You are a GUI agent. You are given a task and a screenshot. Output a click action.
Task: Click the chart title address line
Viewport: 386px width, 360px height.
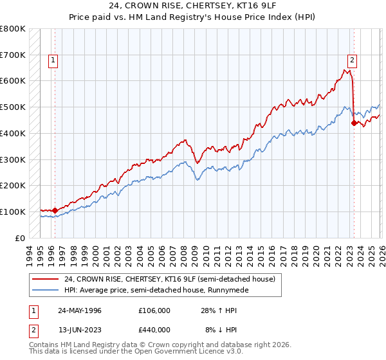click(x=193, y=6)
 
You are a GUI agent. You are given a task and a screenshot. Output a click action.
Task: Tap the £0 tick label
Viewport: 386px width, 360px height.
click(x=21, y=238)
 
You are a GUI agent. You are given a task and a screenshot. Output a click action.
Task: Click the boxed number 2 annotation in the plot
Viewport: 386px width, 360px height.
click(x=353, y=60)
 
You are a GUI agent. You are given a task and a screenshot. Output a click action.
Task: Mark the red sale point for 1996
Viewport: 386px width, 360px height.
click(x=55, y=210)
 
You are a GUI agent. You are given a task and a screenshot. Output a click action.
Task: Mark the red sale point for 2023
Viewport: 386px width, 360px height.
click(x=354, y=122)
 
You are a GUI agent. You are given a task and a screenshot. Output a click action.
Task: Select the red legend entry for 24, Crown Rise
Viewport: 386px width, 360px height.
click(x=170, y=279)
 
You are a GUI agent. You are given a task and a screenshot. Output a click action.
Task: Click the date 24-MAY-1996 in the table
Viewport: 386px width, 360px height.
click(x=80, y=310)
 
